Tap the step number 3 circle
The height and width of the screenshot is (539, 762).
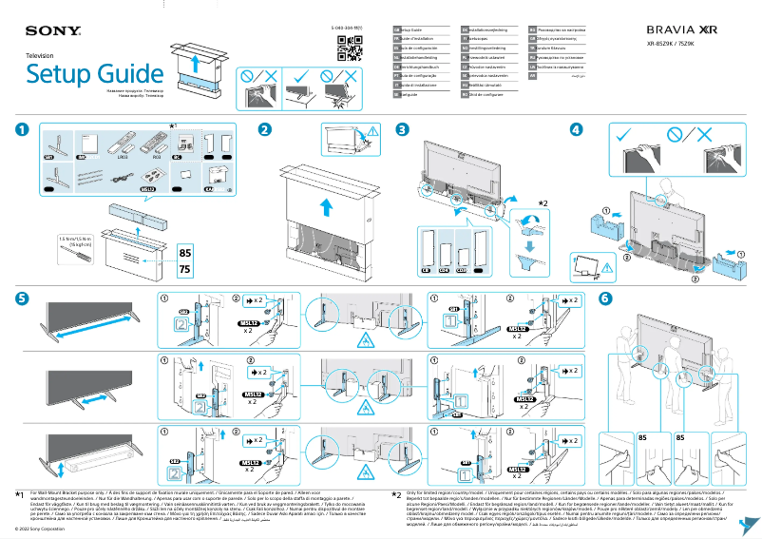(x=403, y=130)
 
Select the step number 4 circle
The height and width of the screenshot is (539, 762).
(x=576, y=130)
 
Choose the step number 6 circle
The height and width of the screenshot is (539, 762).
(x=605, y=298)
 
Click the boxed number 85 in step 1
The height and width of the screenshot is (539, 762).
(x=185, y=254)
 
